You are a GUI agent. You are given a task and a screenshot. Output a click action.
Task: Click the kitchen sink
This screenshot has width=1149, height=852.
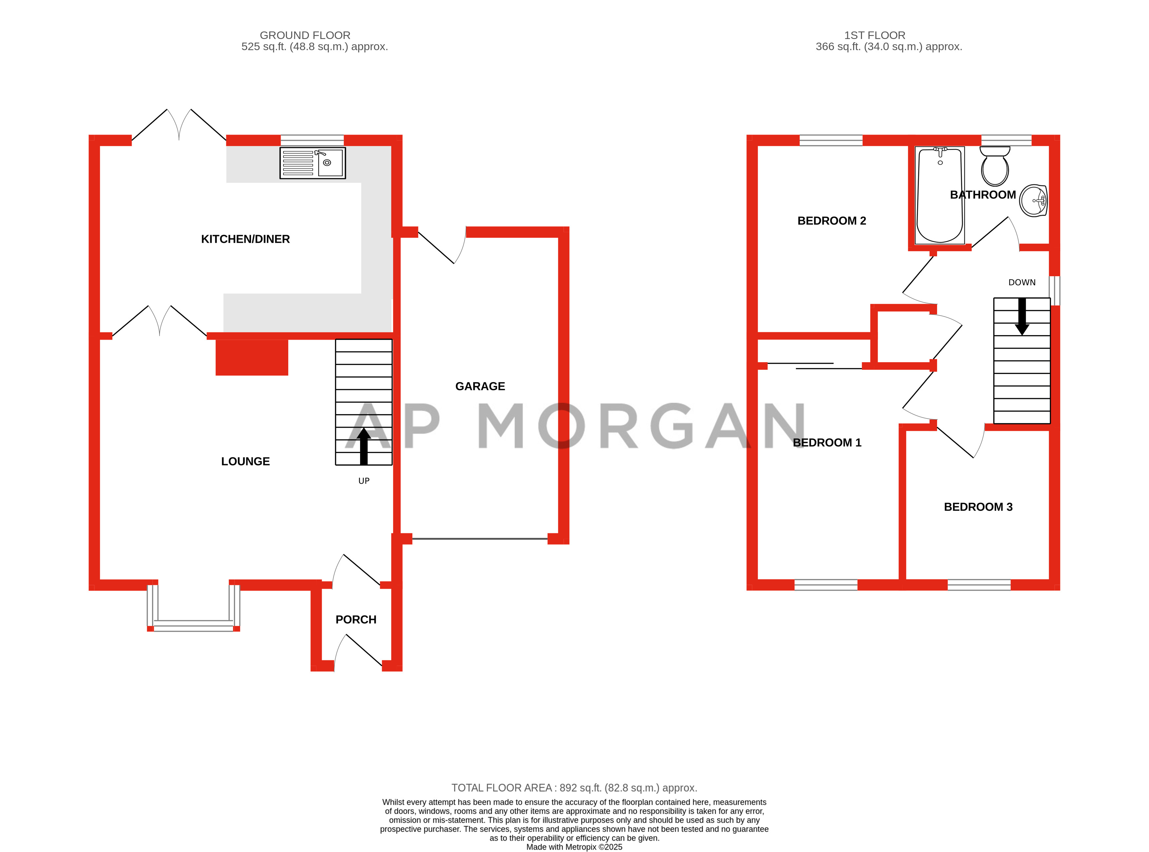313,163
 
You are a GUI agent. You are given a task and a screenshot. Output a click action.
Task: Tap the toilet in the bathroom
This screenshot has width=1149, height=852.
994,166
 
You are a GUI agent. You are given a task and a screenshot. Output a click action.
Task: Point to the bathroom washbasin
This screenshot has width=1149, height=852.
1033,201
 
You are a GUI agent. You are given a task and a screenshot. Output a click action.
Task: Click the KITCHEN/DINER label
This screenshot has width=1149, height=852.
245,239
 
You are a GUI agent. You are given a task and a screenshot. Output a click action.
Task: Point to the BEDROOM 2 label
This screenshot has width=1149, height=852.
831,221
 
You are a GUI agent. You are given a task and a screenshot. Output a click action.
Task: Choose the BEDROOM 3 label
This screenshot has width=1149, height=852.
978,507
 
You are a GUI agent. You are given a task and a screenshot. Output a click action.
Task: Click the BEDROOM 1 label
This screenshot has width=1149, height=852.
827,442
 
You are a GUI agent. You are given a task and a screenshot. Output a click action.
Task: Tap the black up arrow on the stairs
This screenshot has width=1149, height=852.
364,446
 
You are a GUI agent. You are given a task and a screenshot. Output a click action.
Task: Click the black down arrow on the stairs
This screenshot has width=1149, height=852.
1022,316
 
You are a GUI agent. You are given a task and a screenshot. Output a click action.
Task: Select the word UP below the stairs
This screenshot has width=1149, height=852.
364,481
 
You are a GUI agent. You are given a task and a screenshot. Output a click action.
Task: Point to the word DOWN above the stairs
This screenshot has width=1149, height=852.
1022,282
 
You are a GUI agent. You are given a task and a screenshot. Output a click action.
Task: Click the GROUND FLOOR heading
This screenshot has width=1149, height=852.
305,35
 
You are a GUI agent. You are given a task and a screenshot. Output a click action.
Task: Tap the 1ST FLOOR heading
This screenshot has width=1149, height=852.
875,35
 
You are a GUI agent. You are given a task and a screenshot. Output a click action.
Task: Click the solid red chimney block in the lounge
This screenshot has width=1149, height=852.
252,357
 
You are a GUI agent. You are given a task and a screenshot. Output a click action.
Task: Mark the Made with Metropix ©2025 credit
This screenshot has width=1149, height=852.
574,847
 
